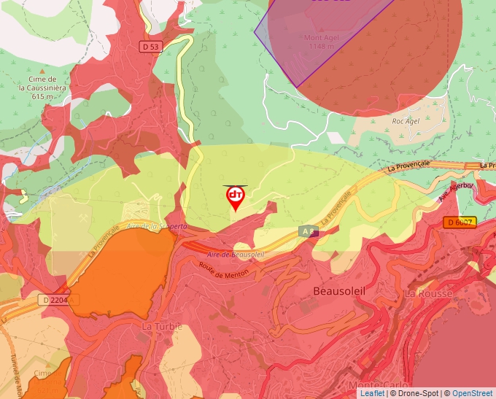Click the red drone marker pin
235,198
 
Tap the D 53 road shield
150,47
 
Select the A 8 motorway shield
308,231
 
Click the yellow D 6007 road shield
460,222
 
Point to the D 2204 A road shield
58,300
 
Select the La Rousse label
428,293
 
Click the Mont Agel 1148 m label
322,42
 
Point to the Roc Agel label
407,121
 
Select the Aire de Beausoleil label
235,253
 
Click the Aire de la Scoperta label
156,226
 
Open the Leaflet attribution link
372,393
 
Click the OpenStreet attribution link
472,393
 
